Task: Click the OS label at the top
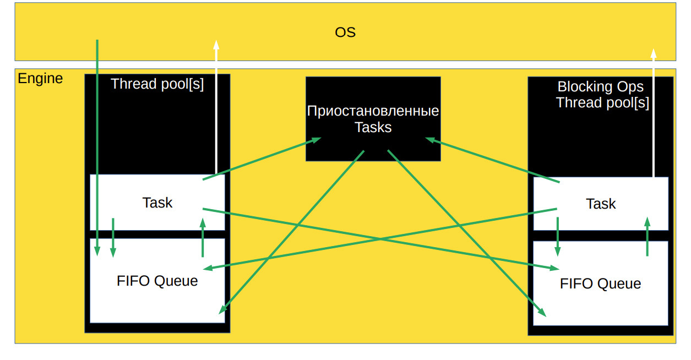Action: [x=345, y=32]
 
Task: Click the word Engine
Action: [x=40, y=78]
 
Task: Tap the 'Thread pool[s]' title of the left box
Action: [x=157, y=84]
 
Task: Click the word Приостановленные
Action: [x=373, y=111]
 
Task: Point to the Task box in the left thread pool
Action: [x=157, y=203]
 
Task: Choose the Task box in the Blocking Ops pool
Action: [x=601, y=204]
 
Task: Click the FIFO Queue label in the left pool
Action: [x=157, y=281]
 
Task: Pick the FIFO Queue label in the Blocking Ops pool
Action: [x=600, y=283]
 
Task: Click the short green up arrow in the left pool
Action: [x=203, y=237]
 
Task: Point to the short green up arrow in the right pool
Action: [x=647, y=236]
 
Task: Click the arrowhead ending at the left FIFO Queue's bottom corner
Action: [x=222, y=310]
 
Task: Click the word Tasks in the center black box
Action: [x=373, y=128]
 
